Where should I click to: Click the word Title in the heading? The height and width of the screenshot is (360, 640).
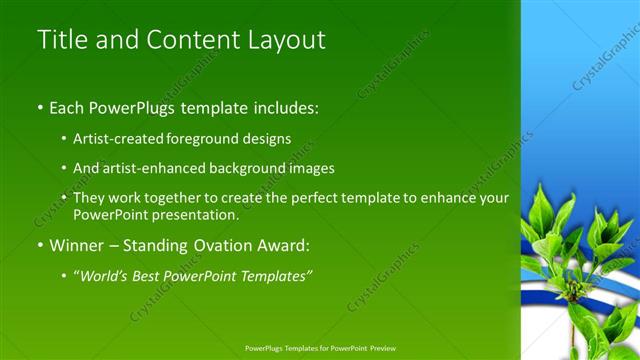(59, 40)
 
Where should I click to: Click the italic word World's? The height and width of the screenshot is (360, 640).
(104, 275)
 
